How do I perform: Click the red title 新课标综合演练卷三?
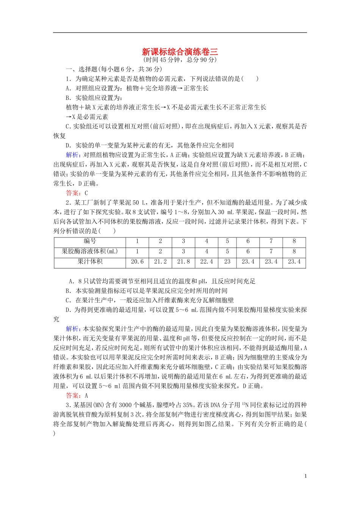pos(180,52)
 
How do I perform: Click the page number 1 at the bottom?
pos(305,476)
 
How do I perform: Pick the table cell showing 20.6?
pos(137,262)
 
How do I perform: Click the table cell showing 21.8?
pos(183,262)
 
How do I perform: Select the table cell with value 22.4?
pos(207,262)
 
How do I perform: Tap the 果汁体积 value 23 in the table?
pos(227,262)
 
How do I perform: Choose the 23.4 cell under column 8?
pos(294,262)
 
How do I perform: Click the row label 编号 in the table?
pos(90,241)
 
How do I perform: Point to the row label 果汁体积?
pos(90,262)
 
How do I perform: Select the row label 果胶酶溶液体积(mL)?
pos(90,251)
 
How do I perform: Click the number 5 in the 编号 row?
pos(227,241)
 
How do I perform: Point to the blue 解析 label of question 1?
pos(72,155)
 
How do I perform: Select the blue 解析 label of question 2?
pos(72,329)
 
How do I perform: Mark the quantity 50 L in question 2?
pos(139,203)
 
